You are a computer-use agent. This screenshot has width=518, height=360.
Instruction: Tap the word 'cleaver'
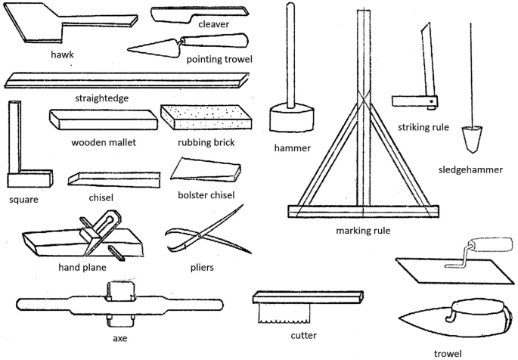(x=213, y=24)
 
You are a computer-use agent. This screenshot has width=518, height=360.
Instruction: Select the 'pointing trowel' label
(x=219, y=59)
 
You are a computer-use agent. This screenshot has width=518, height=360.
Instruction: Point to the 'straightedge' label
(x=101, y=98)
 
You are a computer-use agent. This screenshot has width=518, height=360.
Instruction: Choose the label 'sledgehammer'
(x=470, y=169)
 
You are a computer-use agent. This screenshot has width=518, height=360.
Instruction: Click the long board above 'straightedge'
(x=126, y=80)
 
